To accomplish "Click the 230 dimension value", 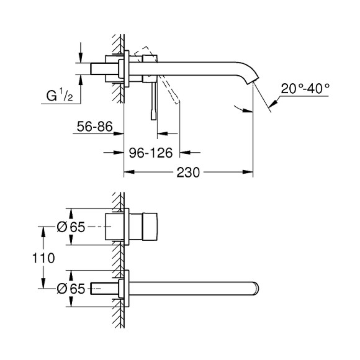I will (188, 173).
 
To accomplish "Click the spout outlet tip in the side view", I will (254, 81).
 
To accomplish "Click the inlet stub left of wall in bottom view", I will (101, 287).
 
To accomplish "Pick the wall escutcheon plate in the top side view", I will (127, 68).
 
